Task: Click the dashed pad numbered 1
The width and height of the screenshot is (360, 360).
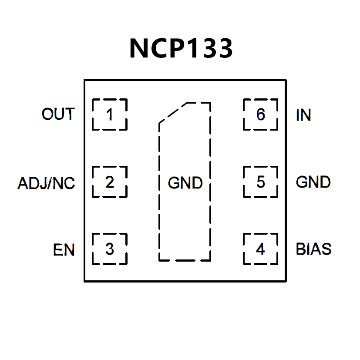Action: point(109,115)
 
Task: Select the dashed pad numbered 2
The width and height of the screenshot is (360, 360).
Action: point(109,182)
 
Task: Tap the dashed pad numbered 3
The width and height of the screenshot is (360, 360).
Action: point(109,249)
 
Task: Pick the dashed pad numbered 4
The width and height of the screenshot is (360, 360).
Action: point(260,249)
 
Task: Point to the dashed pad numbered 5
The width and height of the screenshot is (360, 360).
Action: point(260,182)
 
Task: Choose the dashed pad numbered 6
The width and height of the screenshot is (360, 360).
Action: point(260,115)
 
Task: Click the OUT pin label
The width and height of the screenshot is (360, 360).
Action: point(58,114)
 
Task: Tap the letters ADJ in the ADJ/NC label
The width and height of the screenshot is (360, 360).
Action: point(32,183)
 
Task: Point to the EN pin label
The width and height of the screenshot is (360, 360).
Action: point(64,250)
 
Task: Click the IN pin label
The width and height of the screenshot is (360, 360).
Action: point(303,115)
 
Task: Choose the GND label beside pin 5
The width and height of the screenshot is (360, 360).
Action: point(313,182)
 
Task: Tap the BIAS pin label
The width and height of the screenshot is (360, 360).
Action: point(313,249)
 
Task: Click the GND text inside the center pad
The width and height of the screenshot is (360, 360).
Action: point(185,183)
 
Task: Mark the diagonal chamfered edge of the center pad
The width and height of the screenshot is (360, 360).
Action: point(173,113)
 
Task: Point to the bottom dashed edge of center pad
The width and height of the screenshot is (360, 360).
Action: point(185,261)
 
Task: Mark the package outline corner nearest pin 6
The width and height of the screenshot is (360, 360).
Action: point(286,81)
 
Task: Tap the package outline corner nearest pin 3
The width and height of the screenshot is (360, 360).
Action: point(84,281)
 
